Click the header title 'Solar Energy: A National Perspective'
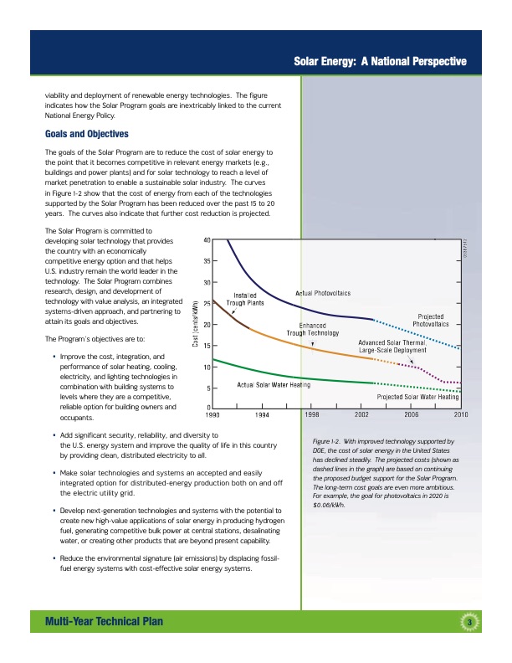(x=380, y=61)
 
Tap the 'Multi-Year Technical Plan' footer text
(x=105, y=620)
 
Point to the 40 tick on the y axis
(x=206, y=239)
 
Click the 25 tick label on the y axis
(x=206, y=303)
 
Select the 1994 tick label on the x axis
(x=262, y=414)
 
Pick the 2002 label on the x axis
(x=361, y=414)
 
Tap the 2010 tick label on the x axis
(x=460, y=414)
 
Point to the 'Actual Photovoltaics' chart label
(x=323, y=293)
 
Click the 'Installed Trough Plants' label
(x=245, y=299)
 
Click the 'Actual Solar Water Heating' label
(x=274, y=384)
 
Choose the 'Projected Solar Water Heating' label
(x=417, y=396)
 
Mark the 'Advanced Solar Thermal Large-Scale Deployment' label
(x=393, y=347)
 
